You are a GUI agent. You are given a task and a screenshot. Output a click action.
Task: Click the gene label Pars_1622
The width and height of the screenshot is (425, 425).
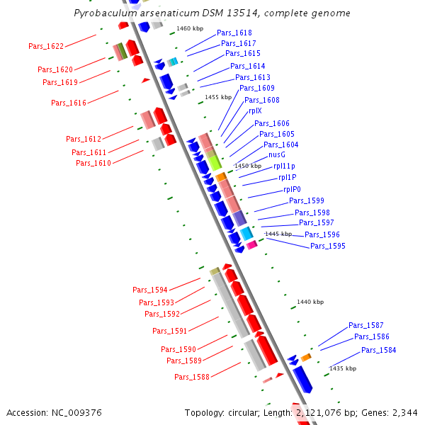(x=46, y=46)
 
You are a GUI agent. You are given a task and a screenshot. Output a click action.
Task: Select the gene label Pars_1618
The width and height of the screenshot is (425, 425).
(x=234, y=33)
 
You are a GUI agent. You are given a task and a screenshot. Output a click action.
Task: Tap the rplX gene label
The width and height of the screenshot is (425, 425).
(x=255, y=110)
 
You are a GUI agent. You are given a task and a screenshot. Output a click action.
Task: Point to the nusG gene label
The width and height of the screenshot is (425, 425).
(x=277, y=154)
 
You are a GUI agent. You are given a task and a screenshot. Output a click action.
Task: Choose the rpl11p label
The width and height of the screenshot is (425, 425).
(x=285, y=166)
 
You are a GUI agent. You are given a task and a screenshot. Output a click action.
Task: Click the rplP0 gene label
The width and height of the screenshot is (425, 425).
(x=292, y=189)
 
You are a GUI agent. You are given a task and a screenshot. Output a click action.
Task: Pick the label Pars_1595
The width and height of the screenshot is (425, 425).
(x=328, y=246)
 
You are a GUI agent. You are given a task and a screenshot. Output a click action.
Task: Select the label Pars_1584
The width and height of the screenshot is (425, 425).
(x=378, y=350)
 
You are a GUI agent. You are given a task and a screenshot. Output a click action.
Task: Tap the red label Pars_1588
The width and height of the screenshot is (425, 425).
(x=192, y=377)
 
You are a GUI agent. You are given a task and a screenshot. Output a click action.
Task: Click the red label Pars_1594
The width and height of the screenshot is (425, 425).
(x=150, y=290)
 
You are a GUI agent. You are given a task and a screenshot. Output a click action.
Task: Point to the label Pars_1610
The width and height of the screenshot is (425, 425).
(x=93, y=163)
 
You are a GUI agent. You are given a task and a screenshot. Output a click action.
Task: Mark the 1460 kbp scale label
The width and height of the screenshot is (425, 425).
(x=189, y=28)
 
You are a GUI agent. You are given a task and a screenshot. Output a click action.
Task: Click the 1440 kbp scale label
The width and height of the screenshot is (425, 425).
(x=310, y=302)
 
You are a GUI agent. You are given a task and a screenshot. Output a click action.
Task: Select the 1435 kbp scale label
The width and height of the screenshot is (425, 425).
(x=343, y=368)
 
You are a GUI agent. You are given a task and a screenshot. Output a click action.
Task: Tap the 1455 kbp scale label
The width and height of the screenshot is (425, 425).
(x=218, y=97)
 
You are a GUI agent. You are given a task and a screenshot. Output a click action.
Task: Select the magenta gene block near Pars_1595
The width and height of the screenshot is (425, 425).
(x=251, y=245)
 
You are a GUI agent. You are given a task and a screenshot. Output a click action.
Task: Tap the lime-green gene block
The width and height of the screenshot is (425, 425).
(x=214, y=162)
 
